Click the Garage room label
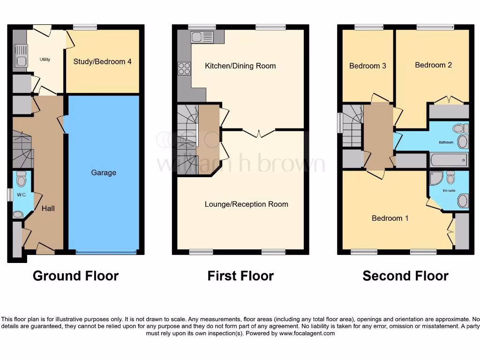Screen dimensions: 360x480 tap(104, 172)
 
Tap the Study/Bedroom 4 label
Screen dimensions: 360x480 tap(102, 61)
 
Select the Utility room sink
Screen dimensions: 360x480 tap(21, 55)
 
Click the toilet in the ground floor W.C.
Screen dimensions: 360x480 tap(21, 179)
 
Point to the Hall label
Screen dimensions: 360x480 tap(48, 208)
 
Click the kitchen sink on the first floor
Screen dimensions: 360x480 tap(202, 37)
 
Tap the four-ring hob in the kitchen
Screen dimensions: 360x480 tap(184, 68)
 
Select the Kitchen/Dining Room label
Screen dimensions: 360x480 tap(240, 66)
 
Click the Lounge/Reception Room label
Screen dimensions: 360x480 tap(246, 204)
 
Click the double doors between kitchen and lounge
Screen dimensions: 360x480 tap(259, 133)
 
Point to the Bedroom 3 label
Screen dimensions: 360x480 tap(367, 66)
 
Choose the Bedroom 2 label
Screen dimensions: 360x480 tap(433, 65)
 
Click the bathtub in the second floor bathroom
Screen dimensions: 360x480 tap(449, 160)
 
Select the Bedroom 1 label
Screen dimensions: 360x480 tap(390, 218)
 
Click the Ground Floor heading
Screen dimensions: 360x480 tap(75, 276)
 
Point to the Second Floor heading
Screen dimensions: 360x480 tap(405, 276)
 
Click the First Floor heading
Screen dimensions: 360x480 tap(240, 276)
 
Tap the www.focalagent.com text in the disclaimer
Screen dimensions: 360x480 tap(307, 333)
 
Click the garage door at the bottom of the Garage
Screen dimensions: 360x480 tap(104, 252)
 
